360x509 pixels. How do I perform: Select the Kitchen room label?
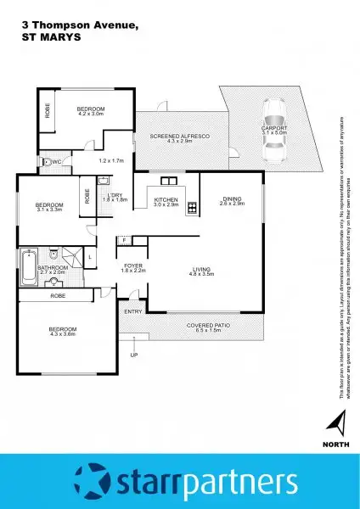point(166,201)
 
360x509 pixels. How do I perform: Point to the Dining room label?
point(232,199)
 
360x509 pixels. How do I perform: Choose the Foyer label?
point(133,266)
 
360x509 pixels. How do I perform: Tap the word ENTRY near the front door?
point(133,312)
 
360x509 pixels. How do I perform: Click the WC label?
point(56,160)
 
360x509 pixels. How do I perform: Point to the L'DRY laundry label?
point(114,195)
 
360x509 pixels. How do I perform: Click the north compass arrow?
point(339,421)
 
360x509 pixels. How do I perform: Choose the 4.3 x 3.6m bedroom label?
point(62,331)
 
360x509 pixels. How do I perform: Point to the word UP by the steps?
point(132,356)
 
